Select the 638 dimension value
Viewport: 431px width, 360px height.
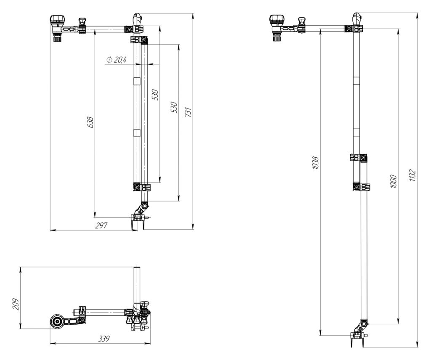(x=90, y=122)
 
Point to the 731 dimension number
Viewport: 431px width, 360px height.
(x=188, y=112)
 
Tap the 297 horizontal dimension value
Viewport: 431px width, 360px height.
(x=101, y=225)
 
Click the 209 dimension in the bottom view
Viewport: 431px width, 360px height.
(x=16, y=304)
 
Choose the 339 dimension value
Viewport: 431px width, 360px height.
(x=104, y=339)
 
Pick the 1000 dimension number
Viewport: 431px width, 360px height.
(x=394, y=181)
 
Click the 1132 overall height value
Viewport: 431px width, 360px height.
(x=412, y=175)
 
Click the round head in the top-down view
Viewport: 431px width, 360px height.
(x=58, y=321)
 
